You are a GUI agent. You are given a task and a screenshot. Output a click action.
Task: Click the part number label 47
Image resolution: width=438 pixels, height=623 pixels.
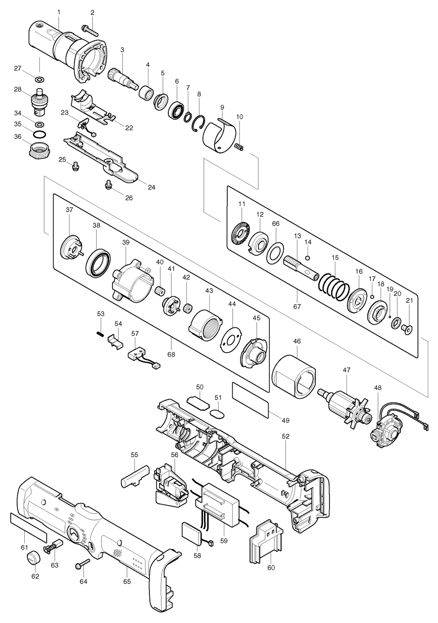(x=346, y=370)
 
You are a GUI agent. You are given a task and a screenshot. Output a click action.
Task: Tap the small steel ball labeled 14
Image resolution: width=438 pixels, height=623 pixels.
(x=308, y=257)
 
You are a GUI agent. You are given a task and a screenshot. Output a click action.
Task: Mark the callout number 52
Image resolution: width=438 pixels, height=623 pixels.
(x=286, y=436)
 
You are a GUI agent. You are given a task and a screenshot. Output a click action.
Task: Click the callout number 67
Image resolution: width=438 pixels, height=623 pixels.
(x=297, y=306)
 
